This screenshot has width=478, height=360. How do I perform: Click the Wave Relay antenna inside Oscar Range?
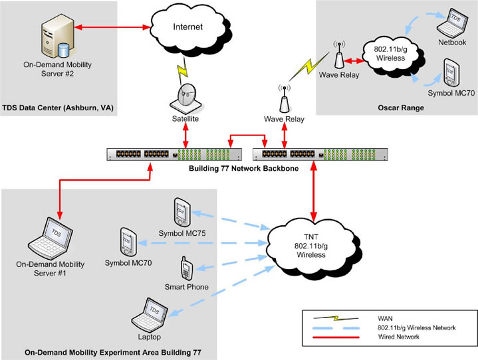[339, 57]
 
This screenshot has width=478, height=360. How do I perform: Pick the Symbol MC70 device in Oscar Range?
[451, 72]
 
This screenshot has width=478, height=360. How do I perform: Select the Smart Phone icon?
[187, 268]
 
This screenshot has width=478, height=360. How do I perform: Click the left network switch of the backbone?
[175, 153]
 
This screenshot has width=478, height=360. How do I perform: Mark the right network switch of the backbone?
[320, 153]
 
